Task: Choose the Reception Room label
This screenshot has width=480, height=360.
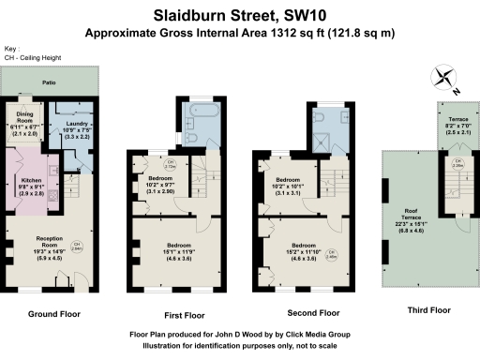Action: click(x=51, y=247)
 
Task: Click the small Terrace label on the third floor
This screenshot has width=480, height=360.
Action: click(x=457, y=123)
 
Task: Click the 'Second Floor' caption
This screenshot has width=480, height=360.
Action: click(x=312, y=313)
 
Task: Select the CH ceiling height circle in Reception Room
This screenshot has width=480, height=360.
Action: click(x=80, y=246)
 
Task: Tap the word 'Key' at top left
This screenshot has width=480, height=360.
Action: click(x=10, y=49)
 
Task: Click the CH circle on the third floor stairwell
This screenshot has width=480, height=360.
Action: click(x=457, y=166)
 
